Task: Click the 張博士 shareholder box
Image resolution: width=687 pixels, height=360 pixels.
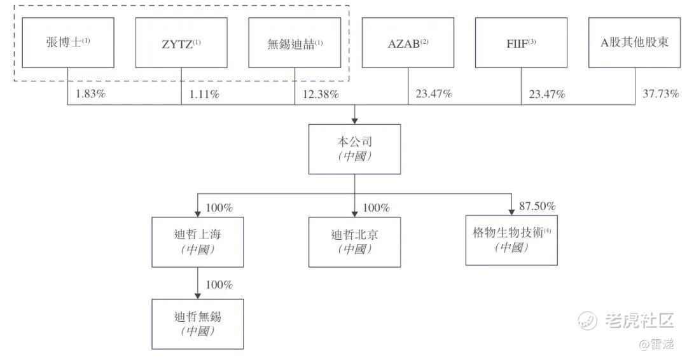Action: (68, 43)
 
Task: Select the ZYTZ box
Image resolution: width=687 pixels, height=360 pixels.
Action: (181, 43)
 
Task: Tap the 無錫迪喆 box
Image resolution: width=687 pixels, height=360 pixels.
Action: (295, 43)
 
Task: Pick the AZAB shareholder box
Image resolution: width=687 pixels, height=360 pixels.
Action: (408, 43)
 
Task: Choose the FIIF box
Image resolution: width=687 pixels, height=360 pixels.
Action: (522, 43)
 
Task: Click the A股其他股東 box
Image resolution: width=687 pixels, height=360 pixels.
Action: (635, 43)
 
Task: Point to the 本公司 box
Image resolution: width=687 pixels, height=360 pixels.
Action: (354, 149)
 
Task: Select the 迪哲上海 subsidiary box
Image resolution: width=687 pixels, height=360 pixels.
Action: (198, 242)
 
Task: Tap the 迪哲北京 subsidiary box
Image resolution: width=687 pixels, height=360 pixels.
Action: (354, 242)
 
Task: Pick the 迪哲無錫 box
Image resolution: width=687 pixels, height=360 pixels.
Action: (198, 323)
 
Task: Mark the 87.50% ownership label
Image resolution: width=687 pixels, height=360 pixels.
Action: (538, 206)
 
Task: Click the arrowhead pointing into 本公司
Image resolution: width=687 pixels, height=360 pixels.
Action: (354, 120)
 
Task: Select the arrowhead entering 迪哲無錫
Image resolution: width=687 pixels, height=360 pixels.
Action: (198, 294)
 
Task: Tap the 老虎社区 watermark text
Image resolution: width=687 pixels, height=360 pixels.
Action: (636, 320)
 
